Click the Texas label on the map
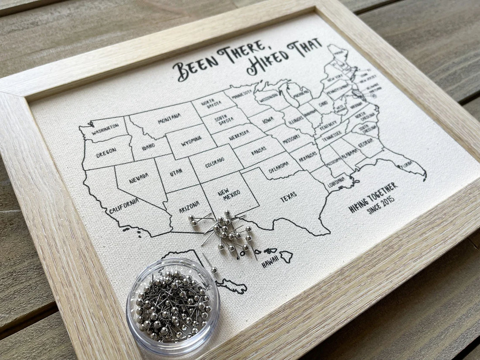click(x=288, y=198)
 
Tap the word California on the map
click(x=124, y=206)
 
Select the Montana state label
click(x=169, y=118)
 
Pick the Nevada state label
click(x=139, y=178)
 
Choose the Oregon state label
click(x=106, y=151)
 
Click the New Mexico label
click(x=232, y=195)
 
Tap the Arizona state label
click(x=189, y=206)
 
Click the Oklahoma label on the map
click(x=278, y=167)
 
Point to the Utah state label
click(x=176, y=172)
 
